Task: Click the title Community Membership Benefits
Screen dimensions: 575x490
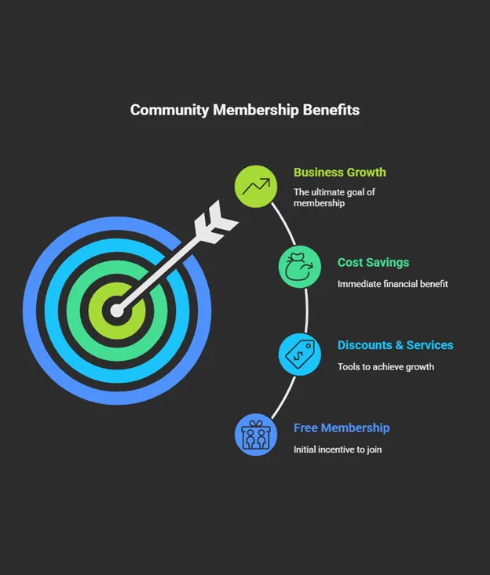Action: pyautogui.click(x=244, y=110)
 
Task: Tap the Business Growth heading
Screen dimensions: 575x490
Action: pyautogui.click(x=339, y=173)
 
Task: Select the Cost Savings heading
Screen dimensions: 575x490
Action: pyautogui.click(x=373, y=263)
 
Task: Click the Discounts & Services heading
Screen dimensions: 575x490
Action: pyautogui.click(x=395, y=345)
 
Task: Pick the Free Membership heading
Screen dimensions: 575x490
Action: pyautogui.click(x=342, y=428)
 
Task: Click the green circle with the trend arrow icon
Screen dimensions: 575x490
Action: pyautogui.click(x=256, y=187)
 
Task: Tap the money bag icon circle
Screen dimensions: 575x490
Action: pyautogui.click(x=299, y=267)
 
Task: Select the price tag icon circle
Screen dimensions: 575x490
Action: pyautogui.click(x=299, y=354)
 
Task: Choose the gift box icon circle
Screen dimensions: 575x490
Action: pyautogui.click(x=256, y=435)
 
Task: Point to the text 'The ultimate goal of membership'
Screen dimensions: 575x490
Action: pyautogui.click(x=334, y=197)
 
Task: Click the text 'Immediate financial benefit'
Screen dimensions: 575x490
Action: pyautogui.click(x=393, y=284)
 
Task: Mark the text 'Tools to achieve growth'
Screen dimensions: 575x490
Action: pyautogui.click(x=386, y=366)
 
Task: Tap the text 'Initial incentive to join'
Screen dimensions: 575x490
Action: pyautogui.click(x=338, y=449)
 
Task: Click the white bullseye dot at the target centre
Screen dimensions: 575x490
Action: pyautogui.click(x=117, y=311)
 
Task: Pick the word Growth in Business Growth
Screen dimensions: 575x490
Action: pyautogui.click(x=366, y=173)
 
